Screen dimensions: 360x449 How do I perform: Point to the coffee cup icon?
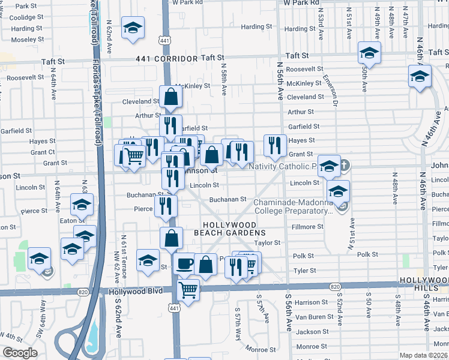[x=184, y=263]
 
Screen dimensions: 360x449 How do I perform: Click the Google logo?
[x=20, y=353]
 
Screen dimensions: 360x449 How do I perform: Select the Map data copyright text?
[x=424, y=355]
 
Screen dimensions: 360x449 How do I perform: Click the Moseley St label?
[x=24, y=40]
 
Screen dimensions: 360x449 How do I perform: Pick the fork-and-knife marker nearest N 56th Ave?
[x=275, y=144]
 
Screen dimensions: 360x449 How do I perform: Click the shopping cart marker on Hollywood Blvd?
[x=189, y=290]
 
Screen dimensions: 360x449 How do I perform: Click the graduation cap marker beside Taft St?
[x=369, y=52]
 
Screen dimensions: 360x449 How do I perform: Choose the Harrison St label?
[x=310, y=302]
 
